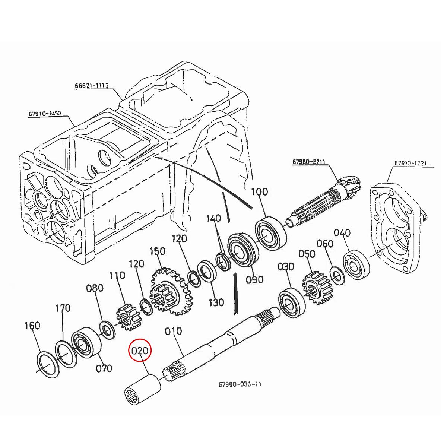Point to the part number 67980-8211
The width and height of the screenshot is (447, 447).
click(x=309, y=162)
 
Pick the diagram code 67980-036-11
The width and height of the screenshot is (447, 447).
click(x=240, y=384)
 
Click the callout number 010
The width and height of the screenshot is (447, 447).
click(x=174, y=331)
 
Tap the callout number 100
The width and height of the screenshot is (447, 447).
click(x=259, y=192)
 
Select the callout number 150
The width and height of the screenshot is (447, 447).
click(x=157, y=251)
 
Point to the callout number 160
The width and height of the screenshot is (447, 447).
click(x=32, y=326)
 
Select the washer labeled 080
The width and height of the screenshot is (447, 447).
click(x=108, y=330)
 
